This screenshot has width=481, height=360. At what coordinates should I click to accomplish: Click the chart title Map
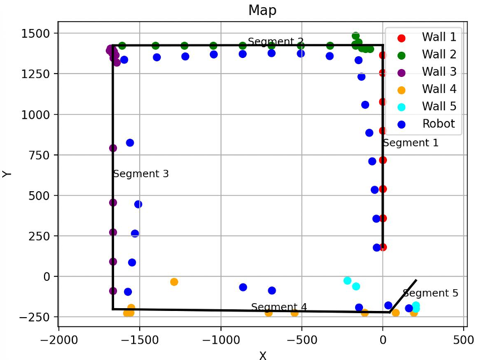pos(262,10)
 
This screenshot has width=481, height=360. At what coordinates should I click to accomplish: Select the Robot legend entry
pos(438,124)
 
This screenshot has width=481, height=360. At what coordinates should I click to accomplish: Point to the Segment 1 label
pos(411,143)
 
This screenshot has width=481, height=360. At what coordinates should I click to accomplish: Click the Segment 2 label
pos(276,42)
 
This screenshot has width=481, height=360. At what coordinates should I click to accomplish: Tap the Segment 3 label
pos(141,174)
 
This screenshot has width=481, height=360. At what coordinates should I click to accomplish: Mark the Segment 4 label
pos(279,307)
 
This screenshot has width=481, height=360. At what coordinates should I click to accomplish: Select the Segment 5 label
pos(430,293)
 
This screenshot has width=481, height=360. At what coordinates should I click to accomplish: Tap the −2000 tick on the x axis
pos(58,339)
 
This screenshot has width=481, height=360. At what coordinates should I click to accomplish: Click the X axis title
pos(262,354)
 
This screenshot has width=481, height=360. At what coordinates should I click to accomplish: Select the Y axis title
pos(7,174)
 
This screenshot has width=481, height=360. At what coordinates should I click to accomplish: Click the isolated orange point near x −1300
pos(174,282)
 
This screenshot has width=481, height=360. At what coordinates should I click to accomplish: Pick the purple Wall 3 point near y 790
pos(113,148)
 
